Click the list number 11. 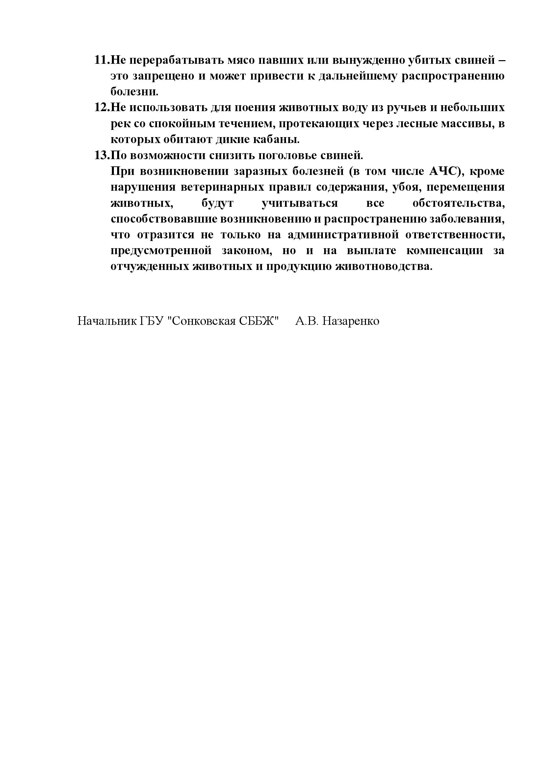[102, 60]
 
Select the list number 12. [102, 108]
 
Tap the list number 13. [102, 156]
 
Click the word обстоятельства [458, 203]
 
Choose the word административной [343, 235]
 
